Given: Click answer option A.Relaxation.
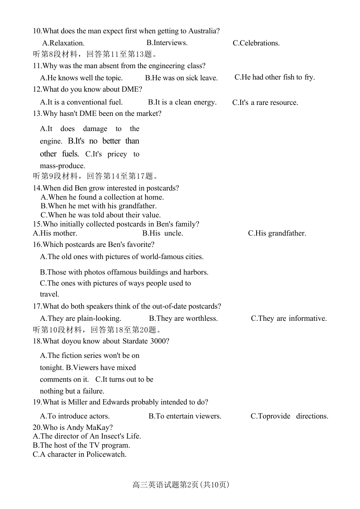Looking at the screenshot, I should [x=63, y=43].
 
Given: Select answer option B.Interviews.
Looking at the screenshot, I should [x=167, y=43].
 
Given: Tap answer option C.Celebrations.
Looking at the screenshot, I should [x=256, y=43].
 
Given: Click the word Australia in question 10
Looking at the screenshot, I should [x=202, y=31].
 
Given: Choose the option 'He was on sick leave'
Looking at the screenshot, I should [x=181, y=78].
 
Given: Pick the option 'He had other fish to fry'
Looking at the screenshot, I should [x=274, y=77].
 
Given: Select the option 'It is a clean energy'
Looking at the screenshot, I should [x=182, y=102].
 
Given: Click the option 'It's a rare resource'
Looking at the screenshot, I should [x=265, y=103].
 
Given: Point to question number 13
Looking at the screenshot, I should [x=37, y=114].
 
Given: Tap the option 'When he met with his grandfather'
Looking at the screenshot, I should [x=99, y=206].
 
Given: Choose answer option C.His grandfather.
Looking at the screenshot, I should [x=277, y=233].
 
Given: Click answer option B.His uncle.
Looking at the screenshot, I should [x=163, y=233].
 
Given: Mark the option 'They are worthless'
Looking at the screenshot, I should [x=183, y=319].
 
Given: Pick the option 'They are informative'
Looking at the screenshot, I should [x=288, y=319].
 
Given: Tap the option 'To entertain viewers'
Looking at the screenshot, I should [x=185, y=416].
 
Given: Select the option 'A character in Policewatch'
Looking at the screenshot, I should [x=80, y=454].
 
